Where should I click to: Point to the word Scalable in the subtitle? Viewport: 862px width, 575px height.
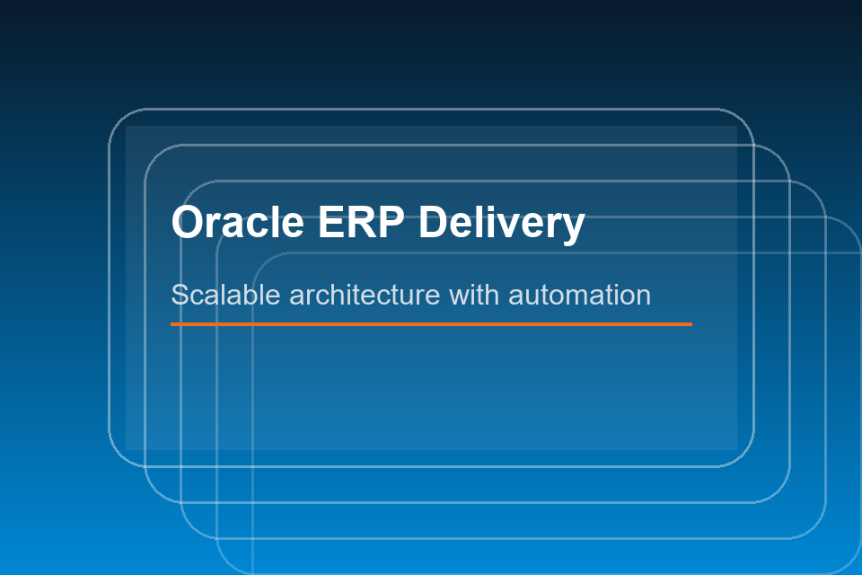(225, 295)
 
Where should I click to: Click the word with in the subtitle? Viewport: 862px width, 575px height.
(474, 295)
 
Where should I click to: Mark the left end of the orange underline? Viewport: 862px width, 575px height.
(172, 323)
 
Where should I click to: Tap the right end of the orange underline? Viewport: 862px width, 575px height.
(691, 323)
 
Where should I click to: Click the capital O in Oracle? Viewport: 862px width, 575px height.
(188, 222)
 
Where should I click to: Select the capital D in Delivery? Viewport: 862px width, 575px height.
(434, 222)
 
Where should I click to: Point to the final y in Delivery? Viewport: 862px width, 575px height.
(574, 226)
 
